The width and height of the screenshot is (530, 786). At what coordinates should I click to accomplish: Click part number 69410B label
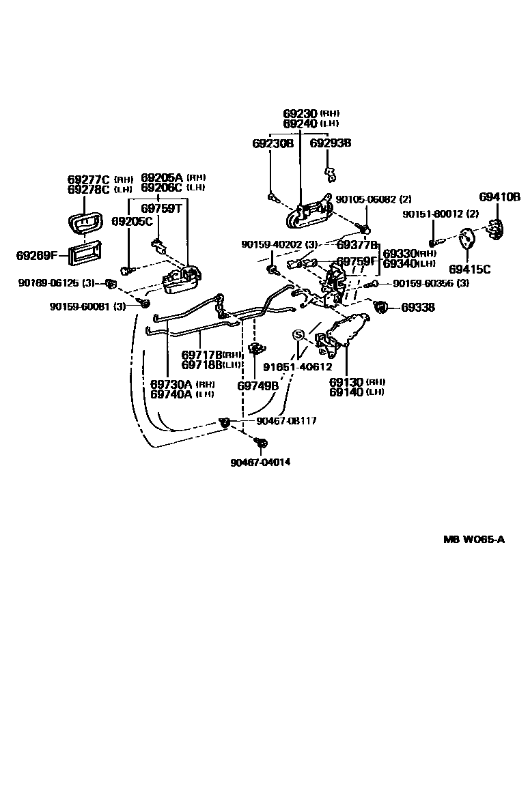(499, 198)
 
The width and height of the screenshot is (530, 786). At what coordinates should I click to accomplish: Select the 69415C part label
(470, 270)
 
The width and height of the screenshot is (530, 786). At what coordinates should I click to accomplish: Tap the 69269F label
(38, 256)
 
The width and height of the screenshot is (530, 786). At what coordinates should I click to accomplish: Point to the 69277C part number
(89, 179)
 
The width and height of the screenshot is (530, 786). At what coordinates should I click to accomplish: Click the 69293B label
(330, 143)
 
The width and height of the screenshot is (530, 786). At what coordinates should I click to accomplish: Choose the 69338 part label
(417, 308)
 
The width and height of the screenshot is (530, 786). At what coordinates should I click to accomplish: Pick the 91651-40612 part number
(298, 367)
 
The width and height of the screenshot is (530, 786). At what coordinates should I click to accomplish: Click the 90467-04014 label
(260, 462)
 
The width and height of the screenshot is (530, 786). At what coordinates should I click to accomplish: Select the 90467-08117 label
(286, 421)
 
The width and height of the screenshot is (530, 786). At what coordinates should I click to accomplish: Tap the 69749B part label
(257, 385)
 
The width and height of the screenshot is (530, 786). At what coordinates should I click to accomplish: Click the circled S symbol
(298, 335)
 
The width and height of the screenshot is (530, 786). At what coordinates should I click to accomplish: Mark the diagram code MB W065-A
(473, 540)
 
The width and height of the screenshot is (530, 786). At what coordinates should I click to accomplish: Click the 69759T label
(161, 208)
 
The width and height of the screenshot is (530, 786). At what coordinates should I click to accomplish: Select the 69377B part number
(357, 245)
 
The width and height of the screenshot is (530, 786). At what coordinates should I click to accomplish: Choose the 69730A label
(171, 384)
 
